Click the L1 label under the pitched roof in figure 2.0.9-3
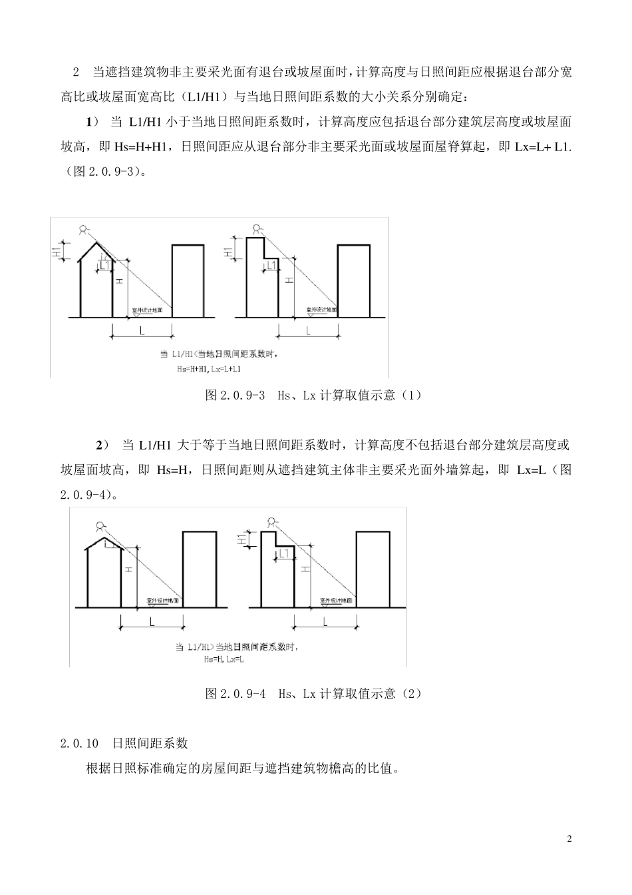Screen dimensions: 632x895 coord(104,266)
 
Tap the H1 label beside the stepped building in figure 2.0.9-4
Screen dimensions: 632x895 coord(241,539)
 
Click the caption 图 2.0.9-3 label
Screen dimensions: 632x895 coord(236,396)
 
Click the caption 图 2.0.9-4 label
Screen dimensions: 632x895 coord(236,694)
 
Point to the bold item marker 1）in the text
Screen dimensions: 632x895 coord(92,122)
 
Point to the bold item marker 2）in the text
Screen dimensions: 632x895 coord(102,445)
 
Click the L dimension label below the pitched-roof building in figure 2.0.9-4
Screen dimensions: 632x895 coord(152,622)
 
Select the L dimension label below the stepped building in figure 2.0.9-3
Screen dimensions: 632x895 coord(308,330)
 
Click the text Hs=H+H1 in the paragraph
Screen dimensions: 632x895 coord(133,147)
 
